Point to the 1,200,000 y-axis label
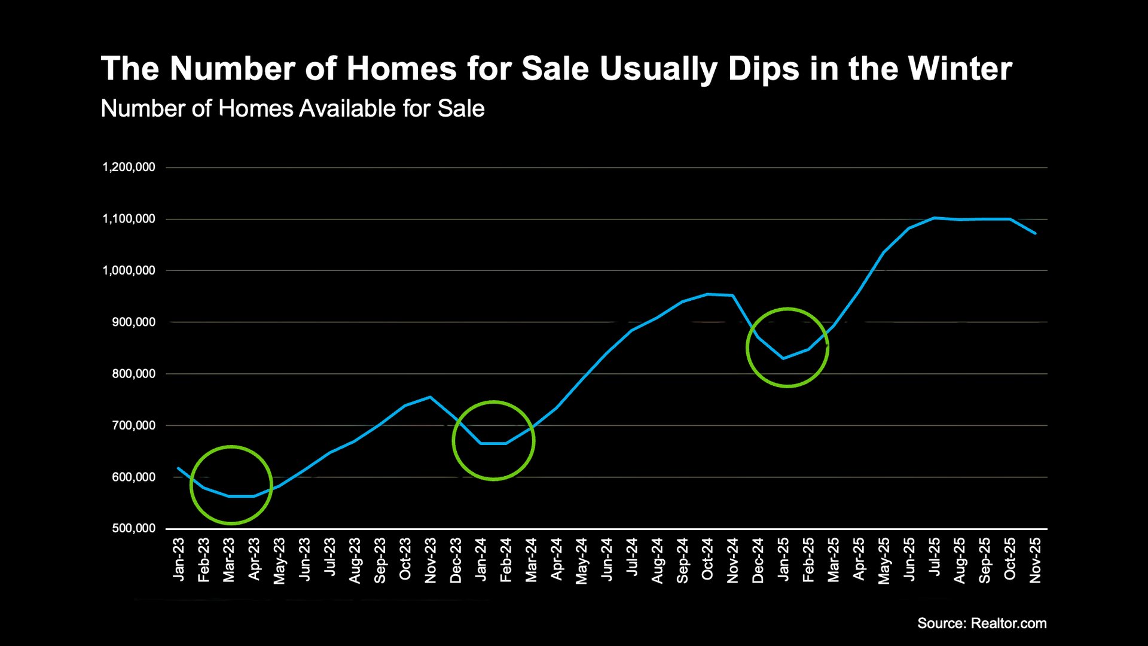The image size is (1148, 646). [129, 167]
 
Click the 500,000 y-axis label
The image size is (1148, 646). [133, 528]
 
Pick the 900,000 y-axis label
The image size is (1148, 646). [133, 322]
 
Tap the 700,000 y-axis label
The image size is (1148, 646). [133, 425]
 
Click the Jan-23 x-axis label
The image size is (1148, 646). [179, 559]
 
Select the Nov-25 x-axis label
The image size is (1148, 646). [1036, 560]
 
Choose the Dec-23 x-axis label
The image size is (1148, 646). [456, 560]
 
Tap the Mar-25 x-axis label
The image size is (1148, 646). [833, 560]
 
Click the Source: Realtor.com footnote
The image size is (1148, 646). [982, 623]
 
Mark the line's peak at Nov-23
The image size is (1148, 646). [430, 397]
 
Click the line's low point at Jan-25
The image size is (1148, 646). [783, 358]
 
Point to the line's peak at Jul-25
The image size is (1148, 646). [935, 218]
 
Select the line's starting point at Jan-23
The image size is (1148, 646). [178, 468]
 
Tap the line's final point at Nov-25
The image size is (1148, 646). [1035, 233]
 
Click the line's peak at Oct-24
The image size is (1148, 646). [708, 294]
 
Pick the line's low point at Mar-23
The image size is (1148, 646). [229, 496]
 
